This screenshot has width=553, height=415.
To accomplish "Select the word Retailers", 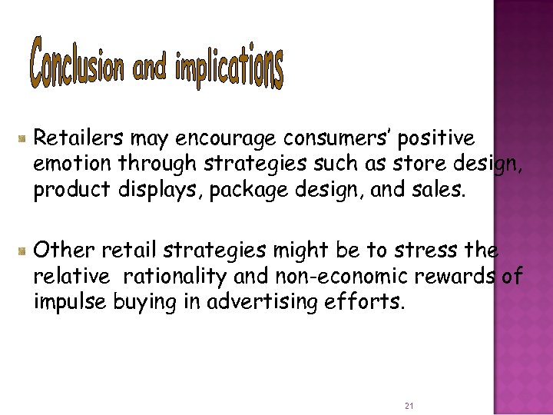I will click(x=79, y=138).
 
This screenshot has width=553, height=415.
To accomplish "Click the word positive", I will click(x=437, y=140).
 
